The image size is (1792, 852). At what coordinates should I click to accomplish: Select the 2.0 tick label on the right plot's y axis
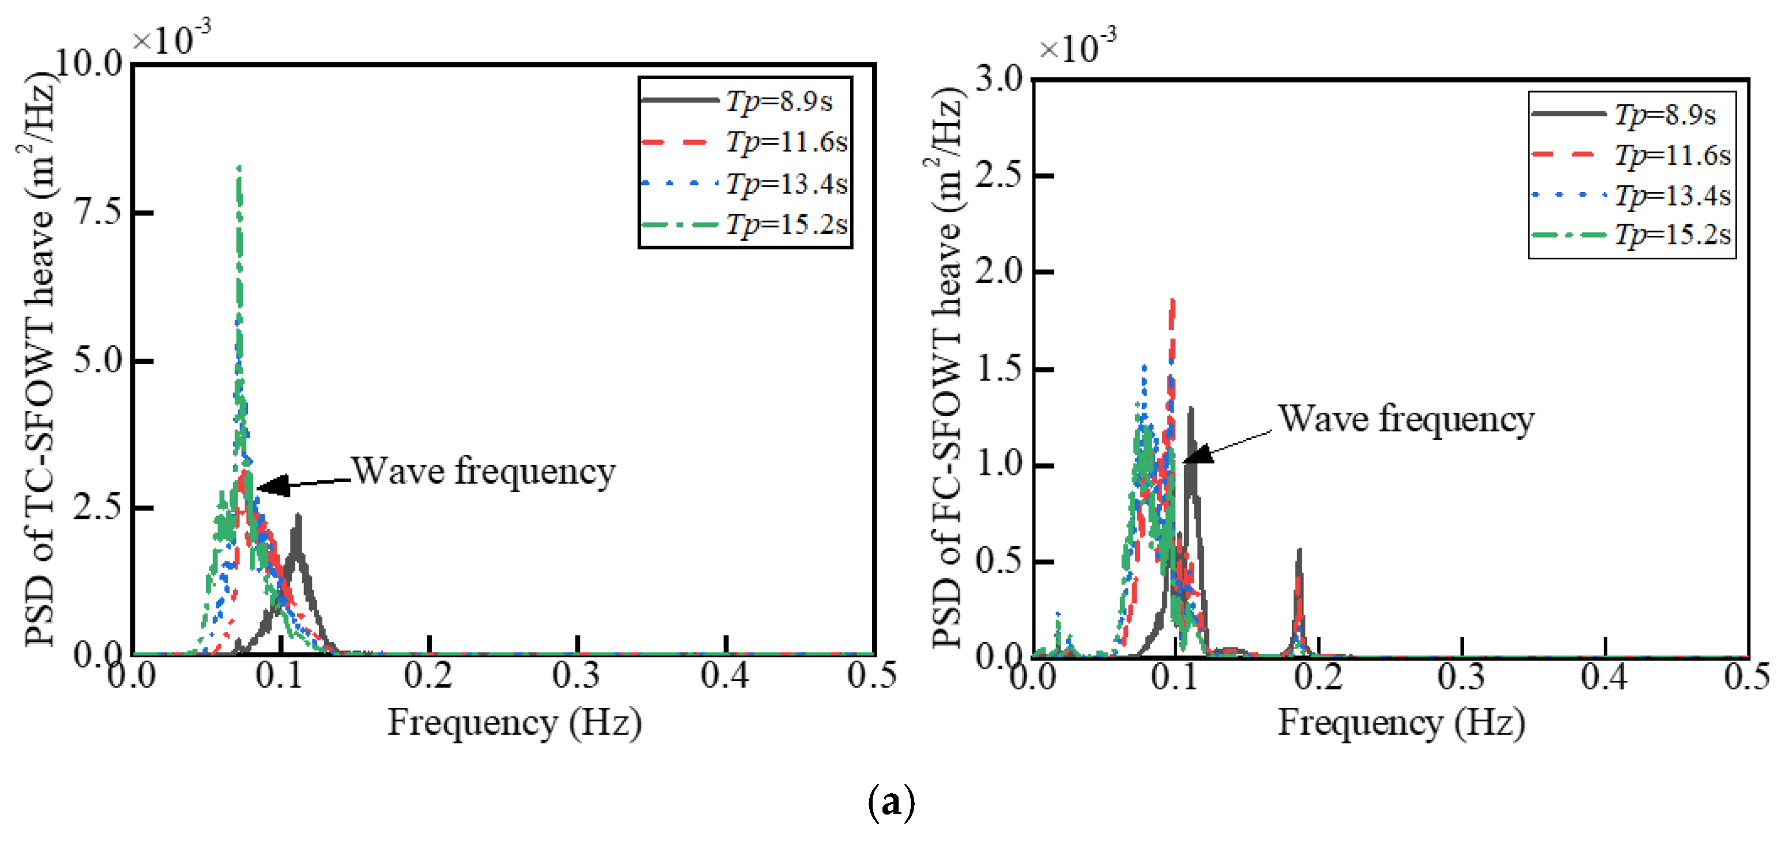pos(999,272)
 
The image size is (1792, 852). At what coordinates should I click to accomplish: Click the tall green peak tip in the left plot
pos(239,168)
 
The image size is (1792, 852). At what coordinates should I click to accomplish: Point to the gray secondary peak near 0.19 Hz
pos(1299,551)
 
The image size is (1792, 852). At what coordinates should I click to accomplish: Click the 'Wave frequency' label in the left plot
pos(483,472)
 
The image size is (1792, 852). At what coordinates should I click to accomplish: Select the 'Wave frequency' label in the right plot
pos(1406,420)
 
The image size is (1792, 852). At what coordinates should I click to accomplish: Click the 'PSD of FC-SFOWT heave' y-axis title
pos(947,368)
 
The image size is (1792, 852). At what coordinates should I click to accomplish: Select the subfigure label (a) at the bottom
pos(891,802)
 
